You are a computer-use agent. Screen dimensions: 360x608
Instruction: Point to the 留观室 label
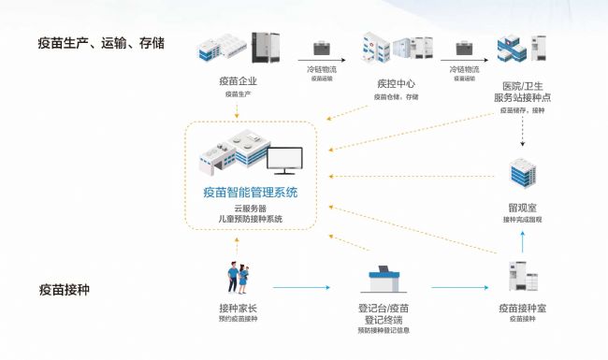(x=522, y=205)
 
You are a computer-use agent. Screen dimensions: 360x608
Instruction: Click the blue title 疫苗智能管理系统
(x=250, y=193)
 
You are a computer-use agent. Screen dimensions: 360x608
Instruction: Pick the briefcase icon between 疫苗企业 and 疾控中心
(x=321, y=48)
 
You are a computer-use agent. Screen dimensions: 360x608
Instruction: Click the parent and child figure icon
(x=237, y=277)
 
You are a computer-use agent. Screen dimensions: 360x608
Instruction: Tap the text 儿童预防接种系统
(x=250, y=220)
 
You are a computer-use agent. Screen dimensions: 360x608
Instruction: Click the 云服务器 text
(x=250, y=209)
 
